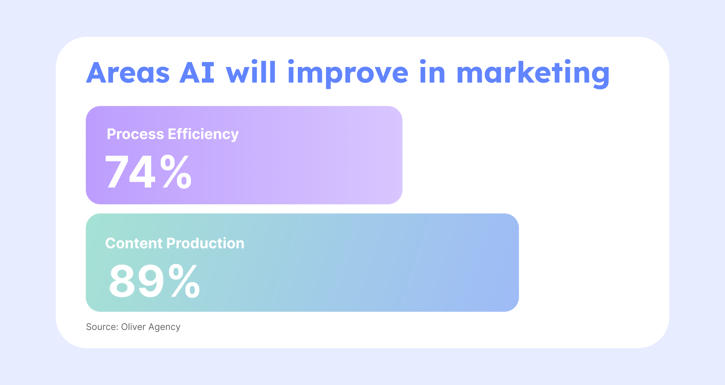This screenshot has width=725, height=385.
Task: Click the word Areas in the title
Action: pyautogui.click(x=128, y=73)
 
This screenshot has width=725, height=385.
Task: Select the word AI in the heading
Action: pyautogui.click(x=197, y=73)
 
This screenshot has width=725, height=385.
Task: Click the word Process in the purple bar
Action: pyautogui.click(x=135, y=134)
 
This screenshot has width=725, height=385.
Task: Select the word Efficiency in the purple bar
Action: pyautogui.click(x=203, y=135)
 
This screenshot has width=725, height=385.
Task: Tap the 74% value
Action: pyautogui.click(x=148, y=172)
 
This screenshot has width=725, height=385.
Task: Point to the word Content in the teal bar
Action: pyautogui.click(x=134, y=243)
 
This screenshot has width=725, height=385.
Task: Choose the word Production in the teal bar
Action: pyautogui.click(x=205, y=243)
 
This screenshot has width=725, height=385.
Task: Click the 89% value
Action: pyautogui.click(x=154, y=281)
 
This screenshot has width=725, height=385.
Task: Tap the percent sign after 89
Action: pyautogui.click(x=184, y=281)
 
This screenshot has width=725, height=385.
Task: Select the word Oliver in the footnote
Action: pyautogui.click(x=133, y=327)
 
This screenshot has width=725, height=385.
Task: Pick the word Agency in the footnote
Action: pyautogui.click(x=164, y=327)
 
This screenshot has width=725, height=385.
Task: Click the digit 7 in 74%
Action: pyautogui.click(x=117, y=172)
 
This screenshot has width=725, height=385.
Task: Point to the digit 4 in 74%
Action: pyautogui.click(x=142, y=172)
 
